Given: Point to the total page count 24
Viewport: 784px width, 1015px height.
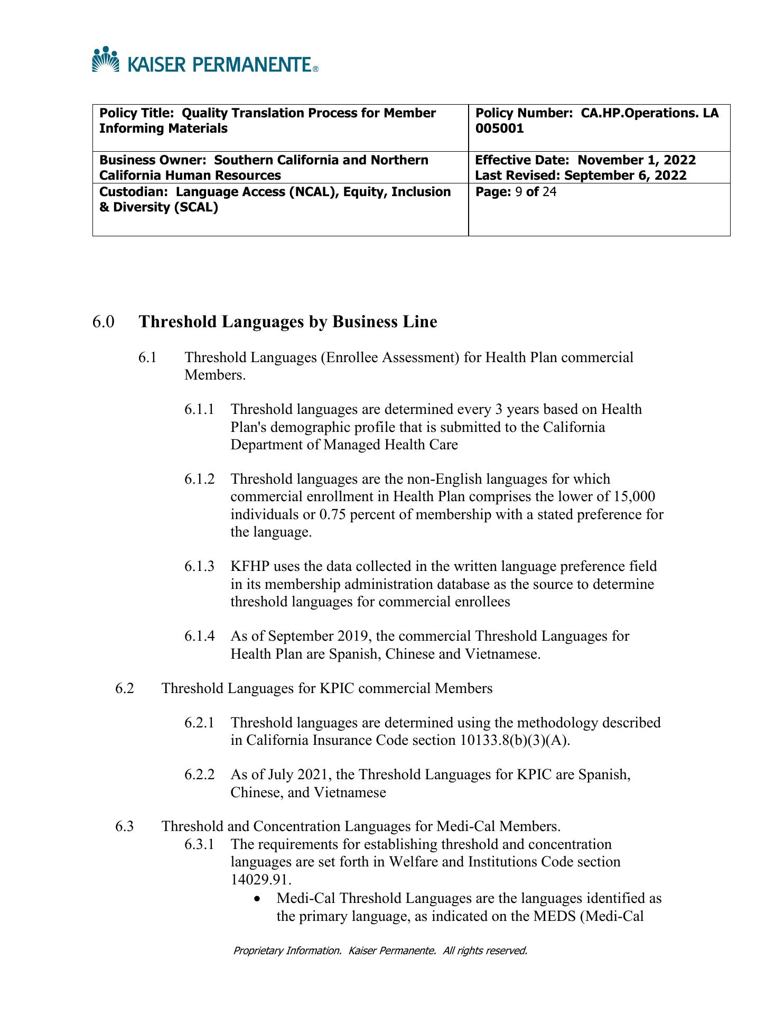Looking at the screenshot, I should [549, 191].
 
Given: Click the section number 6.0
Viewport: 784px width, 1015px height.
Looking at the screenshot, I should [104, 322].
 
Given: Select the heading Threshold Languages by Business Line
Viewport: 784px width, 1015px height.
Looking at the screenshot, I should [288, 322].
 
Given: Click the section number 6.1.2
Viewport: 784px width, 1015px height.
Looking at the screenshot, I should [200, 479].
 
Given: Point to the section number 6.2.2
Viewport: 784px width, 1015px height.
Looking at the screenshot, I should [200, 775].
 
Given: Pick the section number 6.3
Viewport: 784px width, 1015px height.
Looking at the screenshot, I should [125, 826].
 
